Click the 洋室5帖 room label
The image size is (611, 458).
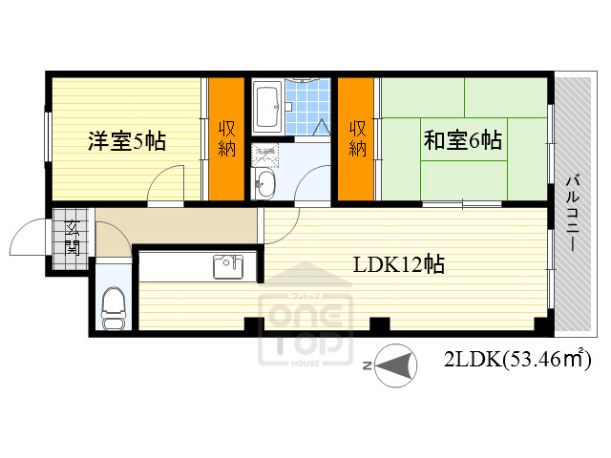pos(127,141)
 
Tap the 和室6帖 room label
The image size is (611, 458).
pos(462,141)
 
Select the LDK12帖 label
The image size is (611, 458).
pos(398,264)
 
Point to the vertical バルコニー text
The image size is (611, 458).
pos(574,212)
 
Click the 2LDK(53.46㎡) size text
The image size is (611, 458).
pos(516,360)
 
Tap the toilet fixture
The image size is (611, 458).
pos(114,306)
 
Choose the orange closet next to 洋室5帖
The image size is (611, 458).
pos(227,138)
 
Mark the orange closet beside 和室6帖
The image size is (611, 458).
pos(357,138)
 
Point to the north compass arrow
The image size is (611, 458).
pos(396,365)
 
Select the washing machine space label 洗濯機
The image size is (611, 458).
pos(263,153)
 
